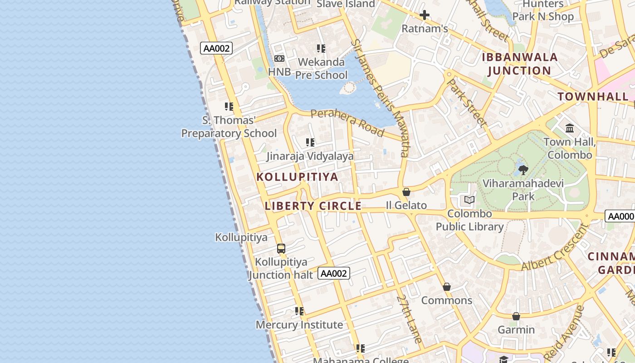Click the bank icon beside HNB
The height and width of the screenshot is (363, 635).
(x=279, y=59)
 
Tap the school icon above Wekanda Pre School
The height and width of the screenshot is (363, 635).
(x=321, y=48)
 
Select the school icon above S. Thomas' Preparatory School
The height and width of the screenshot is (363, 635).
(x=229, y=107)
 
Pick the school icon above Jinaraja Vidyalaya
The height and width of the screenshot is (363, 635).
(x=310, y=142)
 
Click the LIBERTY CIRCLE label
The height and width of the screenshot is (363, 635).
(x=313, y=206)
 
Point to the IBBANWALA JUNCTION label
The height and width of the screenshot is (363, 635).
(x=519, y=64)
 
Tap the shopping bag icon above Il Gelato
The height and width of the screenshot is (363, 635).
(x=406, y=192)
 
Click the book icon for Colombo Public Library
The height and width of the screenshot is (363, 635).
(x=469, y=200)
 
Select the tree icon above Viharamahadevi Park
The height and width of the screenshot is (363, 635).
(x=523, y=170)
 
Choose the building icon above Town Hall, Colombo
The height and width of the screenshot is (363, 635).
(x=570, y=128)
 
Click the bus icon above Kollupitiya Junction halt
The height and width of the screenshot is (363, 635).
(x=281, y=249)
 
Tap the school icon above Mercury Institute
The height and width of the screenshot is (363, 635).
(x=299, y=311)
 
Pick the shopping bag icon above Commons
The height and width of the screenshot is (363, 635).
(x=447, y=287)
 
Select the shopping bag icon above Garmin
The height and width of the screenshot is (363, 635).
(x=516, y=316)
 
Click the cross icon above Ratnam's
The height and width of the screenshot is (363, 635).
(x=425, y=15)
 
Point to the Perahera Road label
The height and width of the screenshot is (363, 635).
(x=347, y=122)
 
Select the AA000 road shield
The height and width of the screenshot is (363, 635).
(x=620, y=216)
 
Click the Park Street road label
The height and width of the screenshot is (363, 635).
(x=467, y=103)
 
